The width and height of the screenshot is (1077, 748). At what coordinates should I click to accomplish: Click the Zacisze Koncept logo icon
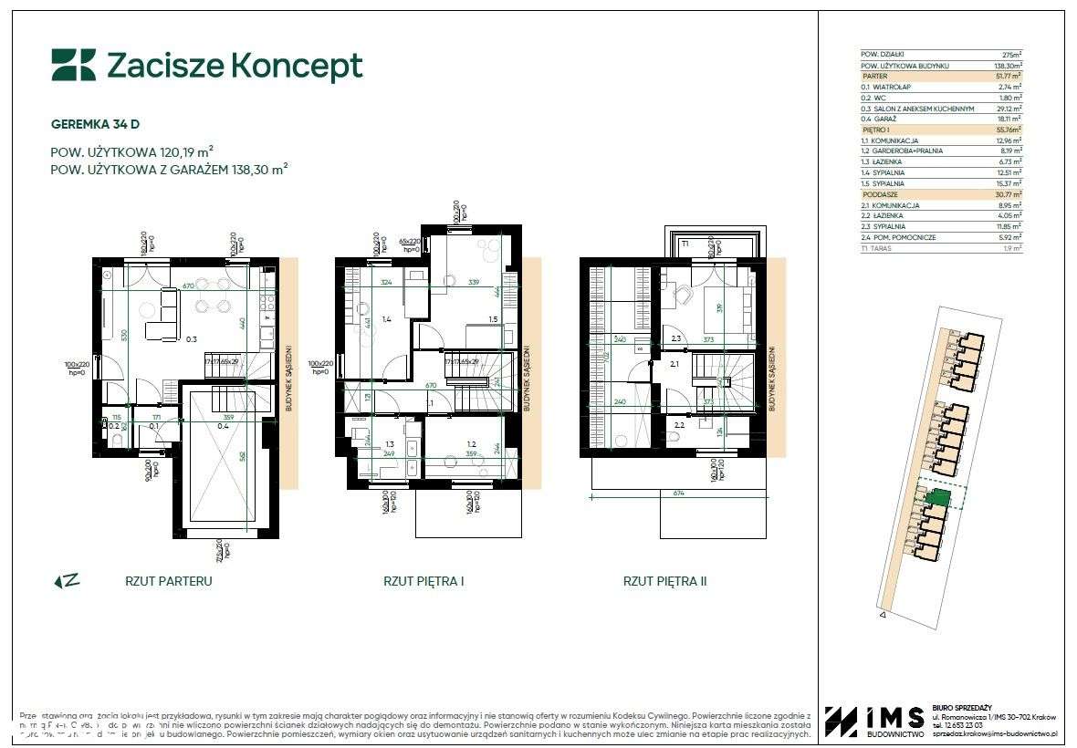coord(73,66)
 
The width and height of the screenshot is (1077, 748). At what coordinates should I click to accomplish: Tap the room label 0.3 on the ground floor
coord(192,338)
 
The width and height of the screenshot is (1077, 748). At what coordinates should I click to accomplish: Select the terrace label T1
coord(684,244)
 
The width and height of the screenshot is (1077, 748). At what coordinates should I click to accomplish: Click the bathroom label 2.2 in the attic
coord(679,425)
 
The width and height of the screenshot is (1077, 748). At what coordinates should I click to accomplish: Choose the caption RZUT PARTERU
coord(168,581)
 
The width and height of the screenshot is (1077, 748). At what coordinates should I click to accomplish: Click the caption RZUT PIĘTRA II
coord(664,581)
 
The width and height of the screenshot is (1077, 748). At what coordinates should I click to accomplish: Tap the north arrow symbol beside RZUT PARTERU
coord(67,580)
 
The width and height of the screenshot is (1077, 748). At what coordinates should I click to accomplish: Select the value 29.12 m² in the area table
coord(1007,109)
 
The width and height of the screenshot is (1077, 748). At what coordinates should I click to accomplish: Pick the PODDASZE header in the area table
coord(880,194)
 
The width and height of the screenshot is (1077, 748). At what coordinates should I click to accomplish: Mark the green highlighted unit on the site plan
coord(939,498)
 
